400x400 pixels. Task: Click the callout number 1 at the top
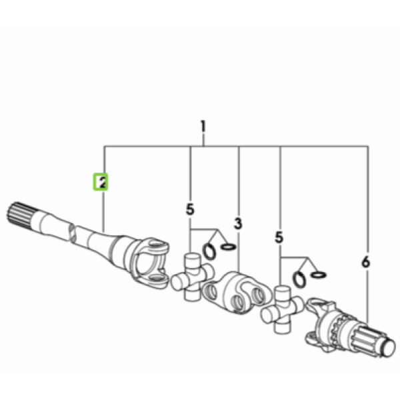pos(203,126)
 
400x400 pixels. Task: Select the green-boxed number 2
pos(101,182)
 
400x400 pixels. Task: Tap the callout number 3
pos(238,223)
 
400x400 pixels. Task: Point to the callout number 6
pos(366,262)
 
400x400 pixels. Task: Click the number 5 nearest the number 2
pos(190,210)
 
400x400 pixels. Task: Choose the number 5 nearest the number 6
pos(279,237)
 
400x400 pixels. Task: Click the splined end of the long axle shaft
pos(20,215)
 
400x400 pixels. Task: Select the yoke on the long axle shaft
pos(148,263)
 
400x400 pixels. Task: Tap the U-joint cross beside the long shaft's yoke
pos(193,276)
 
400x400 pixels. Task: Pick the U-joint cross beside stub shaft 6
pos(282,309)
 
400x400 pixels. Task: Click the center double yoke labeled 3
pos(237,293)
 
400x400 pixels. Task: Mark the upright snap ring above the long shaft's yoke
pos(209,252)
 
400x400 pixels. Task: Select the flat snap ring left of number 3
pos(228,247)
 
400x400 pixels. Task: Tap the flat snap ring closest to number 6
pos(319,275)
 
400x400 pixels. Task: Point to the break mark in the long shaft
pos(72,233)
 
